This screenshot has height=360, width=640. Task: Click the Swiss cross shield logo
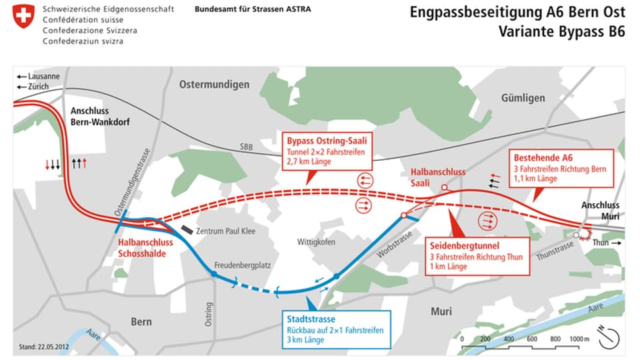point(23,16)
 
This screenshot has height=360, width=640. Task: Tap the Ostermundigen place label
point(214,85)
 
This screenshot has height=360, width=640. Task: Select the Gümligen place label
point(523,98)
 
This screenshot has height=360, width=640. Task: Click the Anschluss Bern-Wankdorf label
point(99,116)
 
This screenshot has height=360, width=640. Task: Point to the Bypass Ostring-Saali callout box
point(326,151)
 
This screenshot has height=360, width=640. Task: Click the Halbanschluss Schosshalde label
point(145,248)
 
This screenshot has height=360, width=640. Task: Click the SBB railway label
point(247,147)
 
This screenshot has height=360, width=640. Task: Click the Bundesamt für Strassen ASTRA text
point(252,10)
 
